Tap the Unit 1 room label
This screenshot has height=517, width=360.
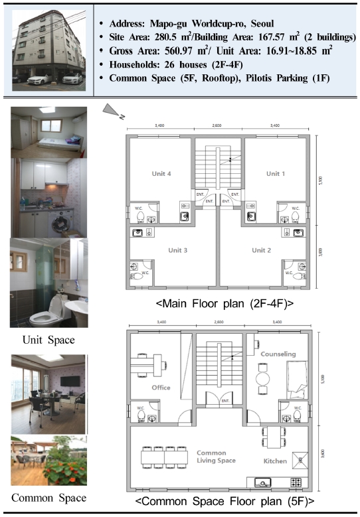tap(273, 174)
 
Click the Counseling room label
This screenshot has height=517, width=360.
tap(278, 354)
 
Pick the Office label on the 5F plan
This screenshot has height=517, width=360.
tap(161, 388)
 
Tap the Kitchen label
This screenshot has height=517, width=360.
tap(275, 461)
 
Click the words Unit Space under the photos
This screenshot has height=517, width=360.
tap(48, 340)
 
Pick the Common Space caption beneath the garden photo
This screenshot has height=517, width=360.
tap(48, 498)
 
